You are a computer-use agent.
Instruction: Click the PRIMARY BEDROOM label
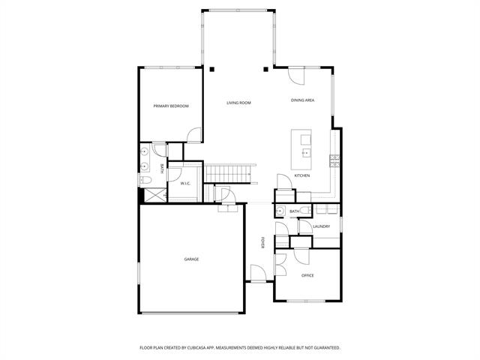pos(171,106)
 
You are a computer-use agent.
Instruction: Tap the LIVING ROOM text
pos(238,103)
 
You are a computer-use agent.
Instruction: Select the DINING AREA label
pos(303,100)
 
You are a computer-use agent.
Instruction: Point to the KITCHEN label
pos(302,175)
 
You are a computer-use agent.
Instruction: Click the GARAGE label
pos(191,259)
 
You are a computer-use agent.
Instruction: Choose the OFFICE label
pos(307,276)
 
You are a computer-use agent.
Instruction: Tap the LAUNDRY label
pos(322,226)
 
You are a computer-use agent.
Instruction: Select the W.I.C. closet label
pos(184,184)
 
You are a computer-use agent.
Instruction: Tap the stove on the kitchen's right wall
pos(334,159)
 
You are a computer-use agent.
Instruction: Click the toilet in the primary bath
pos(146,181)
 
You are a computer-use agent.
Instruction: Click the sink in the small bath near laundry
pos(281,211)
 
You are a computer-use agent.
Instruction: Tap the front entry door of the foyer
pos(257,274)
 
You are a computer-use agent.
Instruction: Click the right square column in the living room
pos(265,70)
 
